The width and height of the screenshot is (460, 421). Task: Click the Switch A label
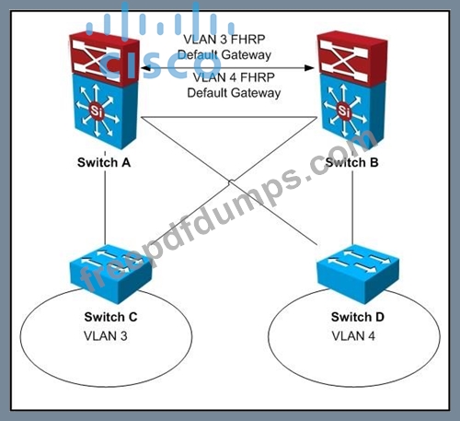tap(104, 162)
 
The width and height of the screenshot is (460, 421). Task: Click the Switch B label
tap(351, 162)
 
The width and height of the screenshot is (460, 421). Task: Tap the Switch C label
tap(110, 317)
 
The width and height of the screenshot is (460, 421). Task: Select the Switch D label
tap(358, 317)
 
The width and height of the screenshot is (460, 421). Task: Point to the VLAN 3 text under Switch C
tap(106, 336)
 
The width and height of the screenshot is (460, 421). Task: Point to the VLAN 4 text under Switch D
tap(353, 336)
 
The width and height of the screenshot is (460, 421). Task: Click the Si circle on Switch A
tap(96, 111)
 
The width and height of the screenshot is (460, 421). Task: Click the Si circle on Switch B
tap(343, 111)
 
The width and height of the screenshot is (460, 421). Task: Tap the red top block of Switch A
tap(104, 58)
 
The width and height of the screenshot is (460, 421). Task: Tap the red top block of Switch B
tap(352, 58)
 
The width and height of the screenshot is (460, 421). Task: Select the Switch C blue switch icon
tap(110, 274)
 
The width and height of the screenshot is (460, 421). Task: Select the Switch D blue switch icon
tap(358, 274)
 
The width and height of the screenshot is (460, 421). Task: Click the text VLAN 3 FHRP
tap(224, 40)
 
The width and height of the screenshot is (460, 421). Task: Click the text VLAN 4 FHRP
tap(234, 77)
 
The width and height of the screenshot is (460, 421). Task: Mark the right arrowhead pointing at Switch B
tap(310, 68)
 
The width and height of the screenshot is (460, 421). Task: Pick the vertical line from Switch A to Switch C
tap(105, 207)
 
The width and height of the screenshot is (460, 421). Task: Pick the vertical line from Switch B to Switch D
tap(352, 207)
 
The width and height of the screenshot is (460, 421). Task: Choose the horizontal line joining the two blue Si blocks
tap(229, 117)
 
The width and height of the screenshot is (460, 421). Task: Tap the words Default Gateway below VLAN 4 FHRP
tap(234, 93)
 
